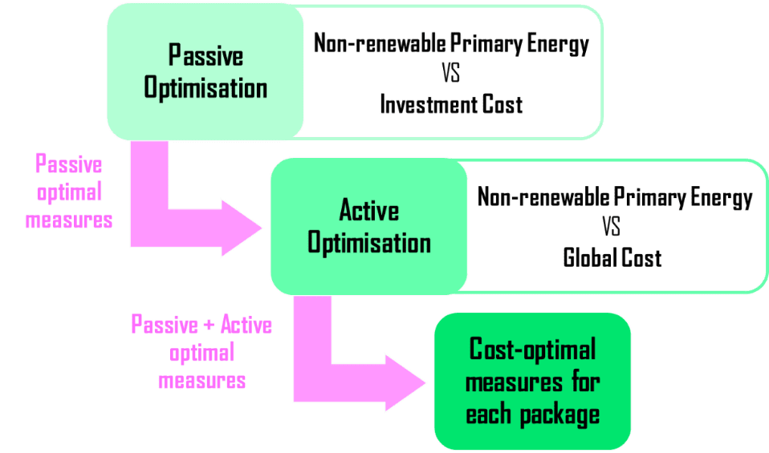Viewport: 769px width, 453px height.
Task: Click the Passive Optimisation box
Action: pos(205,71)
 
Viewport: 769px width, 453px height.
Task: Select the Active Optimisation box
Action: pos(368,226)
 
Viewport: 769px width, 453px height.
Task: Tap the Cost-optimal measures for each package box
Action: pos(531,382)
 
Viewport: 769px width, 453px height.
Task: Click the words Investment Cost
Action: pos(450,104)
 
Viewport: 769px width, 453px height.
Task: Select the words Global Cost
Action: pos(612,258)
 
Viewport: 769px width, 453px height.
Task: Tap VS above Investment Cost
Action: pos(451,75)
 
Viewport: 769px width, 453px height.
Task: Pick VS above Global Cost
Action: pos(612,228)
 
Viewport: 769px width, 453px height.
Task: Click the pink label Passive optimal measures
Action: pos(68,192)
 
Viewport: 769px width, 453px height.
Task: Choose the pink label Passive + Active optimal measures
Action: pos(201,353)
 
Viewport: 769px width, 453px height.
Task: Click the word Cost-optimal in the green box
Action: pos(532,350)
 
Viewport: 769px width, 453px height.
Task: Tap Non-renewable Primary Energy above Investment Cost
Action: pos(450,44)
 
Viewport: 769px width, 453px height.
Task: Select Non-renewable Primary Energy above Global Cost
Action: pos(615,197)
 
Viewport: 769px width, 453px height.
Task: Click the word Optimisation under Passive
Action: pos(205,87)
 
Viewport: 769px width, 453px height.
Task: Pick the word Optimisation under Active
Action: pos(368,242)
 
